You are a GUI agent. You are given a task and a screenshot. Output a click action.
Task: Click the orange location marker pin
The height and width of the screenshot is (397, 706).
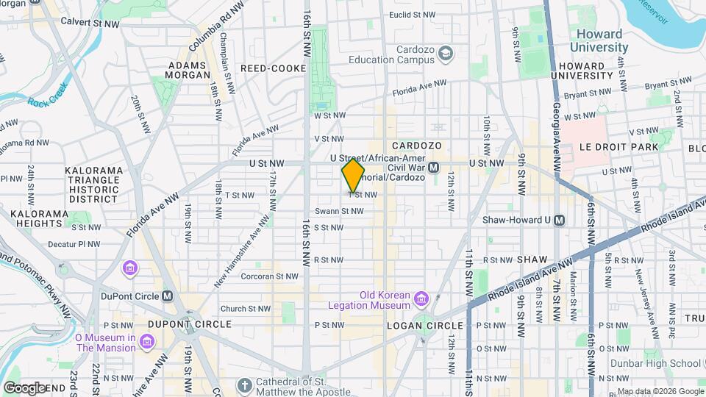353,175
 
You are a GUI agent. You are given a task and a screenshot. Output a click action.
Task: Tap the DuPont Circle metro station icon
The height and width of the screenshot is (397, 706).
168,296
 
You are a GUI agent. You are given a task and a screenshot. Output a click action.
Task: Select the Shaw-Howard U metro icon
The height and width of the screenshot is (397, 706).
560,220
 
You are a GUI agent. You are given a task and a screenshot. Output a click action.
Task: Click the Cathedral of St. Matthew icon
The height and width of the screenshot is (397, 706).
245,385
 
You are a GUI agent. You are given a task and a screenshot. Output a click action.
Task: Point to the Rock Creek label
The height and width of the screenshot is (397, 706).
48,96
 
